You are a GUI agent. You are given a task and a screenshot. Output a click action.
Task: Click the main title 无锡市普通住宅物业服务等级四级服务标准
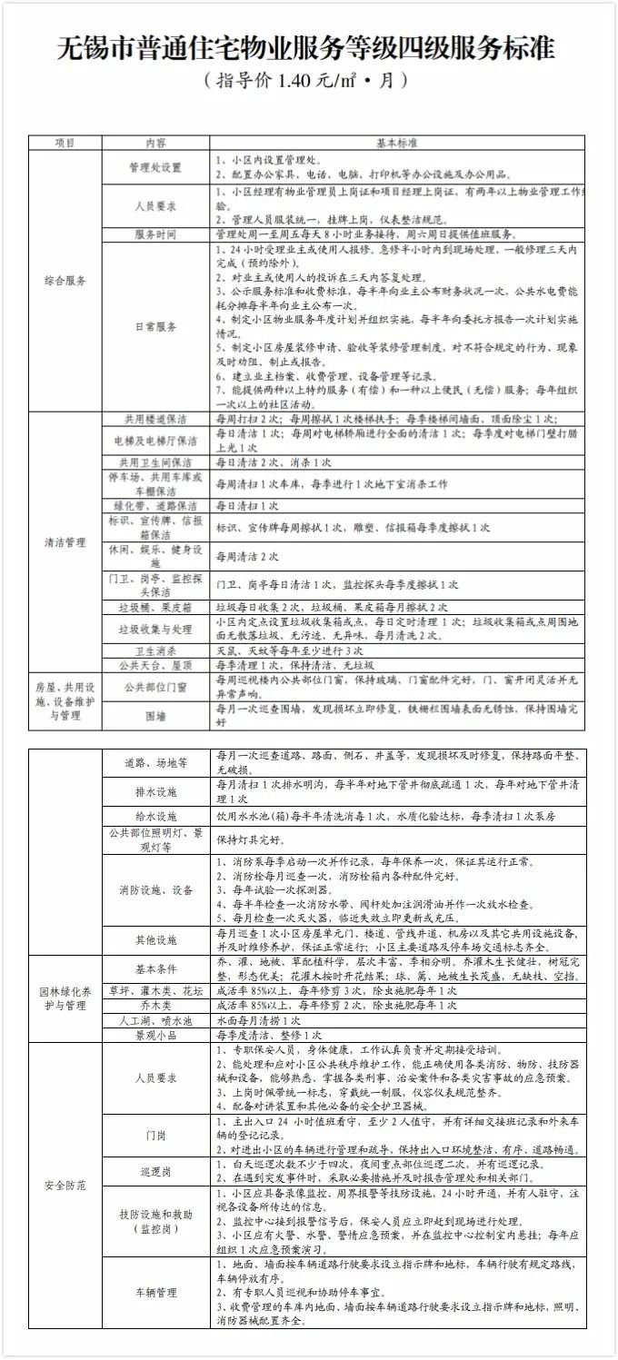(307, 47)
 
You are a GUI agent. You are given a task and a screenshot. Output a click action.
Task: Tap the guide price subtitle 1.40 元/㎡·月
(307, 80)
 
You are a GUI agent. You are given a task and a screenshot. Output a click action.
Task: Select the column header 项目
(65, 143)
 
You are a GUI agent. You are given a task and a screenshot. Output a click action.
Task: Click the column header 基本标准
(397, 143)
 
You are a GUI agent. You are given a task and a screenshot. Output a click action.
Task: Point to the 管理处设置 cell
(155, 168)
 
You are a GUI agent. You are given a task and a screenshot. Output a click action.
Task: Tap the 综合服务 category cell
(65, 281)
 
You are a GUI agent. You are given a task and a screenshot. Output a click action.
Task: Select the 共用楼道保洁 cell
(155, 420)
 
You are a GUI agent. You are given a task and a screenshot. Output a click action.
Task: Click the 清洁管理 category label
(65, 542)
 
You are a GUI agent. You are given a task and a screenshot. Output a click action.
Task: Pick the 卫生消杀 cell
(155, 650)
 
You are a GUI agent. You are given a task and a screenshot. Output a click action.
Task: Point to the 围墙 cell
(155, 716)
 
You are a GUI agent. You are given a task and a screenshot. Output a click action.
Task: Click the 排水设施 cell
(155, 791)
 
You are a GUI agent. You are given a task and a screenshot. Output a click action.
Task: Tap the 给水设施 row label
(155, 817)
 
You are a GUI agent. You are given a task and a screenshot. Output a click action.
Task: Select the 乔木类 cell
(155, 1006)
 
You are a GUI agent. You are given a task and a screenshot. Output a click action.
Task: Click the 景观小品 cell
(155, 1035)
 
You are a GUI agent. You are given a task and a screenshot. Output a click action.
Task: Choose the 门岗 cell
(155, 1136)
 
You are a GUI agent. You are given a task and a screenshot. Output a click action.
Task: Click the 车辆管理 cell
(155, 1292)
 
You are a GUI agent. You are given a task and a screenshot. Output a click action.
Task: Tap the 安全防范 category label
(65, 1186)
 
